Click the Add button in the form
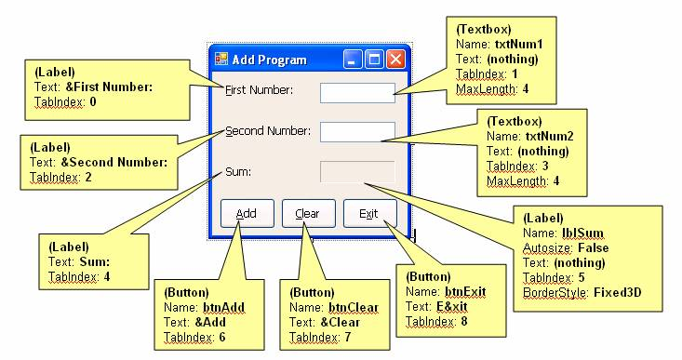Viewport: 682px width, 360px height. (247, 213)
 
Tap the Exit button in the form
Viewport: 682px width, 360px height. (370, 213)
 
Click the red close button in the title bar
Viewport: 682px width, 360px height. (395, 60)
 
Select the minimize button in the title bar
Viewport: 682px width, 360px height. (353, 60)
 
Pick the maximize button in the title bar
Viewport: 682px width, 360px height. (374, 60)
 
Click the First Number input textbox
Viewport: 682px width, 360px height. (357, 93)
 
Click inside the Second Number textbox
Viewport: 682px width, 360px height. (357, 132)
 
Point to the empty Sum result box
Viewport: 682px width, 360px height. (357, 172)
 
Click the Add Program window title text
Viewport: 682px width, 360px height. (269, 60)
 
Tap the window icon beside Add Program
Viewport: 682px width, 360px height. (221, 60)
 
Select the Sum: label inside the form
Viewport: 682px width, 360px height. (238, 172)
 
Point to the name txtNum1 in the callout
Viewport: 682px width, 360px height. (519, 44)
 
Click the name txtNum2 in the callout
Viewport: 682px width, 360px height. (549, 136)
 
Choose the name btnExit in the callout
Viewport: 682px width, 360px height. (465, 291)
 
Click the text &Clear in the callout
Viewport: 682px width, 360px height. (340, 322)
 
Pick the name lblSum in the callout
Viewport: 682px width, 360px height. (582, 233)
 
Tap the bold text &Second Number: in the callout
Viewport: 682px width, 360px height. (114, 162)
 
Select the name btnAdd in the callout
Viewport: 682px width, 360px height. (223, 307)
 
